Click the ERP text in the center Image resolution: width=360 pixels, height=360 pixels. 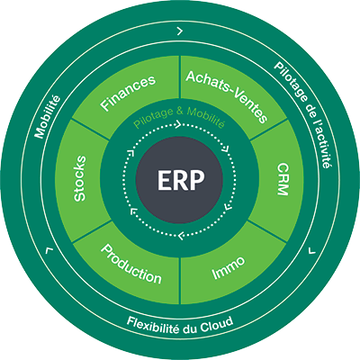click(x=181, y=180)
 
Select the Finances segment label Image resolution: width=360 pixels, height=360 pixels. click(x=128, y=92)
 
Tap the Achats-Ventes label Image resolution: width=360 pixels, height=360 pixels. click(x=227, y=95)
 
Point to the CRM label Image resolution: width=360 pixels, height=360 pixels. click(x=283, y=179)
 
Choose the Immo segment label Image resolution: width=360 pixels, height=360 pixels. click(x=229, y=268)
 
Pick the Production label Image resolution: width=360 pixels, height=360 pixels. click(x=131, y=264)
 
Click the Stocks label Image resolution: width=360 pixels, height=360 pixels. click(x=80, y=178)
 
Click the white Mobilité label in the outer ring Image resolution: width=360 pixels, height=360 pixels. click(x=47, y=117)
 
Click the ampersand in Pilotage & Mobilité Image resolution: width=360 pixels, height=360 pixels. click(x=180, y=112)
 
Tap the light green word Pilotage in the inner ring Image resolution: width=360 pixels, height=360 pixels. click(x=153, y=118)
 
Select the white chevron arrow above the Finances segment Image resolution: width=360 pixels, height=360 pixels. click(x=180, y=31)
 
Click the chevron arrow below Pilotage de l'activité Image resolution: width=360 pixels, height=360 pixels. click(x=312, y=250)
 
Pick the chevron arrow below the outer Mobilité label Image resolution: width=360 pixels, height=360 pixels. click(x=49, y=250)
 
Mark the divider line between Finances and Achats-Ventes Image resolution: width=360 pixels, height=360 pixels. click(x=180, y=77)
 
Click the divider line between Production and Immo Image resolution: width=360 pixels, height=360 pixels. click(x=180, y=281)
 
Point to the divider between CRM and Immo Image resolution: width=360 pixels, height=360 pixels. click(x=268, y=231)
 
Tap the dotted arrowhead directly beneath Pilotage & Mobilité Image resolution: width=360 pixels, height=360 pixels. click(x=177, y=124)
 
